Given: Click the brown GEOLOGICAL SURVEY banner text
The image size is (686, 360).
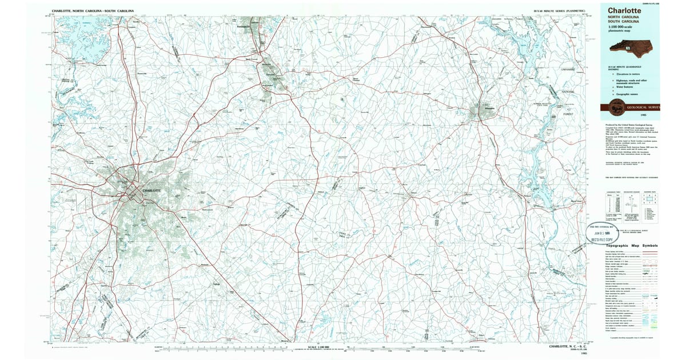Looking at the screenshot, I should pyautogui.click(x=644, y=107).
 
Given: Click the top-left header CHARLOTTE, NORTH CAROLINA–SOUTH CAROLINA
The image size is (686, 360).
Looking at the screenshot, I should pyautogui.click(x=93, y=11).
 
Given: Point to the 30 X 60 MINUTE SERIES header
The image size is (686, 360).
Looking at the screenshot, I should pyautogui.click(x=559, y=11).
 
